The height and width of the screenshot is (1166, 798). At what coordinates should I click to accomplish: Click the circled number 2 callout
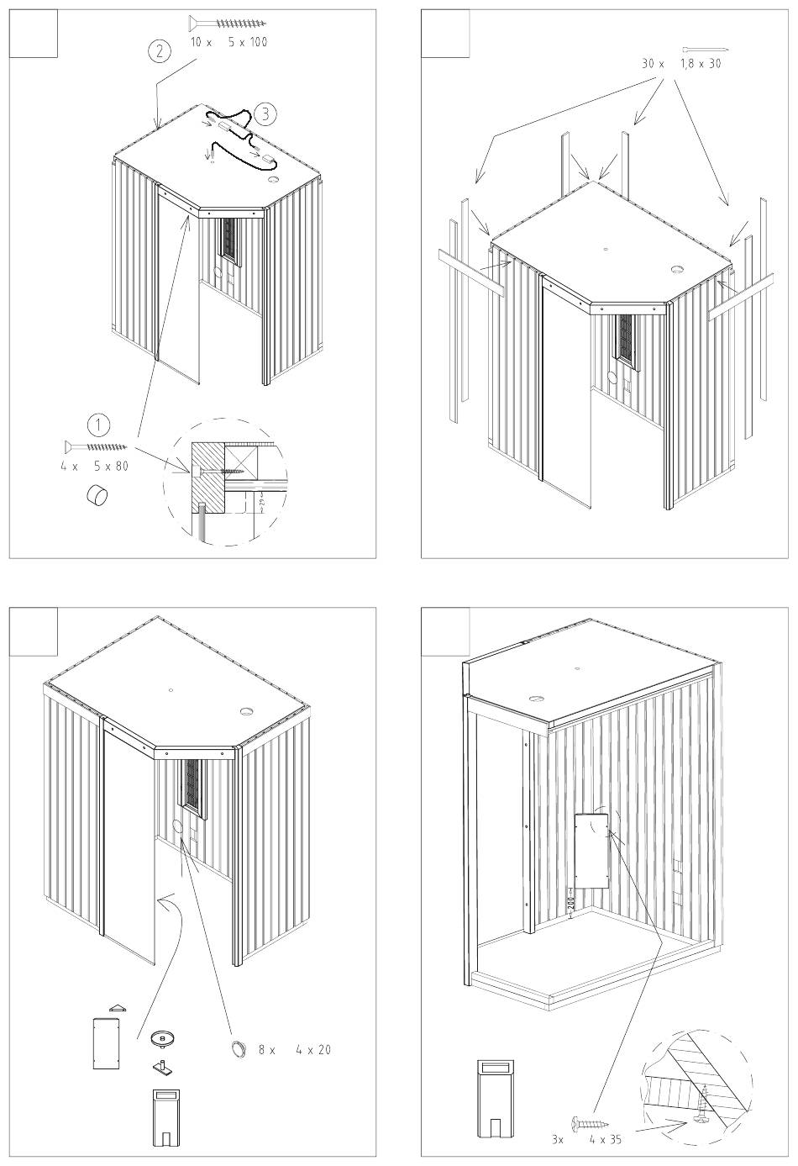[x=160, y=51]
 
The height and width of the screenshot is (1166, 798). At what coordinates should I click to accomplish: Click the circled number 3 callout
[x=265, y=113]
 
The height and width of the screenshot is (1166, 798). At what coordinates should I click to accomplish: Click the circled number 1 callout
[x=98, y=425]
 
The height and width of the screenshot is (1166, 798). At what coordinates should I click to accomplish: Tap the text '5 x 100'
[x=248, y=42]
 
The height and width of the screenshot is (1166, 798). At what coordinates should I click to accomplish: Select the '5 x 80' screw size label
[x=111, y=466]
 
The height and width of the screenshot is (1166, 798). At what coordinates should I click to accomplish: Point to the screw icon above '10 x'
[x=228, y=23]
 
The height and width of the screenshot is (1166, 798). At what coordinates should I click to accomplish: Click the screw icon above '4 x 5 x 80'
[x=96, y=446]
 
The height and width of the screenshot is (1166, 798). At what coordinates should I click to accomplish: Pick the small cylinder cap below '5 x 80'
[x=97, y=494]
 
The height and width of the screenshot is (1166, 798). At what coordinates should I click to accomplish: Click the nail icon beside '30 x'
[x=706, y=50]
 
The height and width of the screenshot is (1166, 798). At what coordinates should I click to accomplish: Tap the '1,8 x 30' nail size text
[x=701, y=64]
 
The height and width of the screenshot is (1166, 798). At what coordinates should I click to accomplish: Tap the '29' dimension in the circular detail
[x=262, y=502]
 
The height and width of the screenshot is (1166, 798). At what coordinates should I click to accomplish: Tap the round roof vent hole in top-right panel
[x=677, y=269]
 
